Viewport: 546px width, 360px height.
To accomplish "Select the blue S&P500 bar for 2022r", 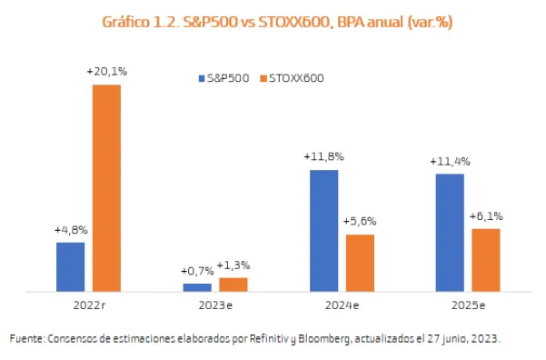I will pos(70,266).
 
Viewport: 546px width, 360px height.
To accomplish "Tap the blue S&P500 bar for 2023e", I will pos(197,286).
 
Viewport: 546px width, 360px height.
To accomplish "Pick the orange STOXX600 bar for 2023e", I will pos(233,284).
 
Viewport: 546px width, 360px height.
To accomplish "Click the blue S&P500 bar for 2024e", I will pos(323,231).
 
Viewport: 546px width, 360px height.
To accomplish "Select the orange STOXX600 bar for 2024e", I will pos(360,263).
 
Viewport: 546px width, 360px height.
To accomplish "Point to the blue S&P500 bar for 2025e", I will pos(450,233).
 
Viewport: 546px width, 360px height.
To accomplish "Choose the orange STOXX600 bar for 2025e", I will pos(486,260).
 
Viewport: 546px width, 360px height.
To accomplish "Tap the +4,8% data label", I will pos(70,231).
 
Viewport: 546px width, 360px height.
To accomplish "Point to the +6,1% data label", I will pos(486,216).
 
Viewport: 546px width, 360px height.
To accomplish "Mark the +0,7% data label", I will pos(196,271).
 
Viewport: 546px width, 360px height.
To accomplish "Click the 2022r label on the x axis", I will pos(88,305).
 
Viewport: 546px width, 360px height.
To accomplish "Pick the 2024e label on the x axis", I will pos(342,305).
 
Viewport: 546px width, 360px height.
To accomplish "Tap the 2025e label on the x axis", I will pos(468,305).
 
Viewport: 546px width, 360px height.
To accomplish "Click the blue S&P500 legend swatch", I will pos(202,78).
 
